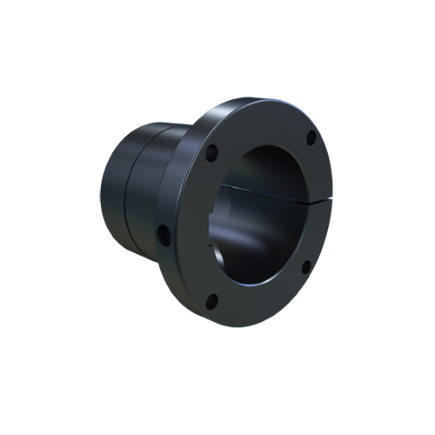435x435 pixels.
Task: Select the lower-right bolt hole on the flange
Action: point(306,267)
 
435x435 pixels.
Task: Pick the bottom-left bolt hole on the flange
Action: point(211,302)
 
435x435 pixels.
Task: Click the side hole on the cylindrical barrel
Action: point(162,232)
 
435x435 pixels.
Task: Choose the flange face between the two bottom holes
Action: point(261,300)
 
